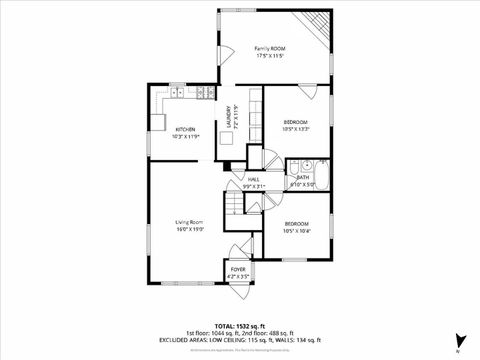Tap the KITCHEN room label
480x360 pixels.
tap(186, 130)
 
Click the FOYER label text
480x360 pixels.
tap(237, 269)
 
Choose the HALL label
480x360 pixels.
tap(254, 180)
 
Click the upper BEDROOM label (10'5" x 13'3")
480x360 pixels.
tap(295, 122)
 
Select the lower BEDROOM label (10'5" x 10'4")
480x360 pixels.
tap(296, 223)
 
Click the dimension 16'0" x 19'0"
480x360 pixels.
tap(190, 230)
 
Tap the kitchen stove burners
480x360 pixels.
tap(204, 93)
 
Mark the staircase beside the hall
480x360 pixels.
tap(235, 205)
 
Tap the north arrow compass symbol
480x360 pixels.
tap(458, 340)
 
